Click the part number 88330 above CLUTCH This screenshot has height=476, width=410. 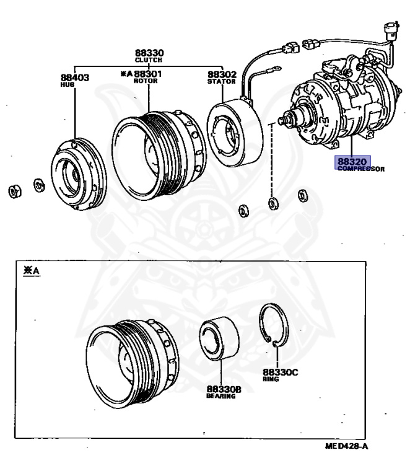point(150,53)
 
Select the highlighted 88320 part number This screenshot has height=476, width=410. point(352,162)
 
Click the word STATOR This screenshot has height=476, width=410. point(221,81)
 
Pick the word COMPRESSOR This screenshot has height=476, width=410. point(361,169)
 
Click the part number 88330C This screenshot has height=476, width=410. point(280,372)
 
